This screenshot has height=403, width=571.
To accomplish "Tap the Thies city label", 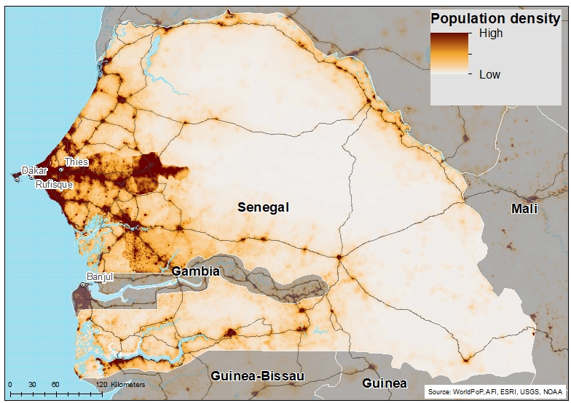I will point(76,161).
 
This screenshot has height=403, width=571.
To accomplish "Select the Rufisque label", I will point(55,185).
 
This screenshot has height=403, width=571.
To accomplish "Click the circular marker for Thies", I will point(61,169).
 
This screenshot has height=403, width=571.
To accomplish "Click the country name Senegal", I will point(263,207).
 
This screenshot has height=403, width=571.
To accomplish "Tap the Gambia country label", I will point(195,271).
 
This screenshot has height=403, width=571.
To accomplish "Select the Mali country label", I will point(524,209).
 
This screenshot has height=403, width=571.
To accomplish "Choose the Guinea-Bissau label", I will point(257,376).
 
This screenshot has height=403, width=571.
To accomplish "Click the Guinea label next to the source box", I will point(385,383).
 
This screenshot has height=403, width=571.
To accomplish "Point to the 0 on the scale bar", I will point(9,384).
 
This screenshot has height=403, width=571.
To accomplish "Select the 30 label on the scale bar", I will point(32,384).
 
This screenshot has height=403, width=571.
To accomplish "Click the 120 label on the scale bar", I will point(101,384).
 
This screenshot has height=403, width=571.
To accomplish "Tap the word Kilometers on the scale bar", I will point(127,384).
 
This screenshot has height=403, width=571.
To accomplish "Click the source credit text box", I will point(495,392).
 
